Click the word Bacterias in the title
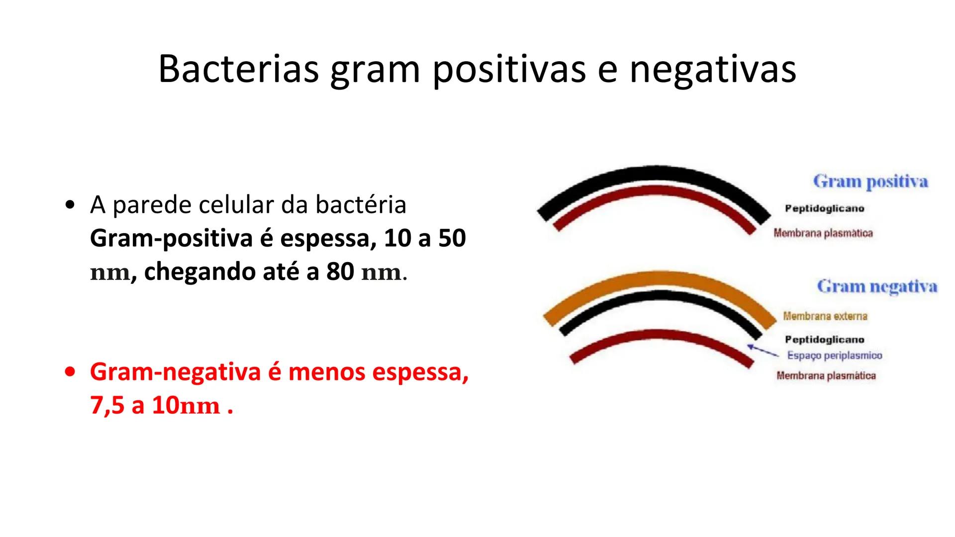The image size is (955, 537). tap(238, 69)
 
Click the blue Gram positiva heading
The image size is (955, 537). tap(870, 182)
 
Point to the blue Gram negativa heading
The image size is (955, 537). tap(877, 287)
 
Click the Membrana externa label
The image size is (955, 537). tap(825, 316)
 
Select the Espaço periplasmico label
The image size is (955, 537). tap(834, 356)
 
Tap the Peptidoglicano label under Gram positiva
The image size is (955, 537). tap(824, 209)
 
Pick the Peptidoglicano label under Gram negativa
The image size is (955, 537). tap(824, 340)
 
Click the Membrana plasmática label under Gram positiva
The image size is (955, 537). tap(823, 233)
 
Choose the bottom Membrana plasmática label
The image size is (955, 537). tap(826, 376)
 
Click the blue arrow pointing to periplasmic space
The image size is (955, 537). tap(763, 351)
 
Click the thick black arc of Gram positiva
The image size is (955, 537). tap(654, 175)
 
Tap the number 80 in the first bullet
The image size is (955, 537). tap(340, 272)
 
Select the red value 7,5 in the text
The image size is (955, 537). tap(107, 406)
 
